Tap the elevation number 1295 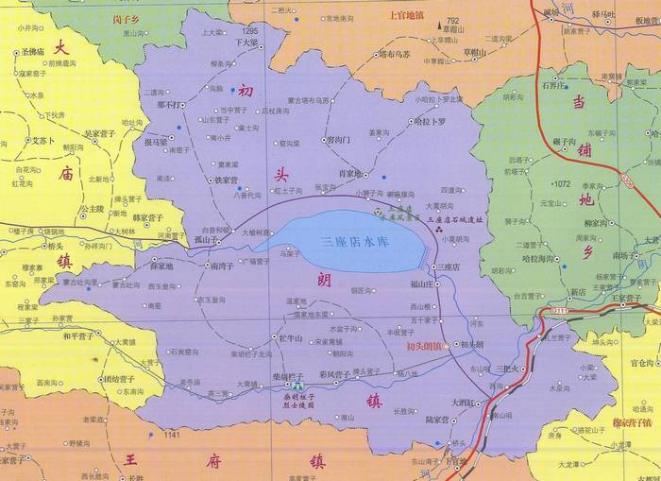(x=249, y=31)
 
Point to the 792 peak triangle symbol (x=440, y=22)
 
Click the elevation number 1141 (x=171, y=435)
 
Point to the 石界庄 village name (x=552, y=83)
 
